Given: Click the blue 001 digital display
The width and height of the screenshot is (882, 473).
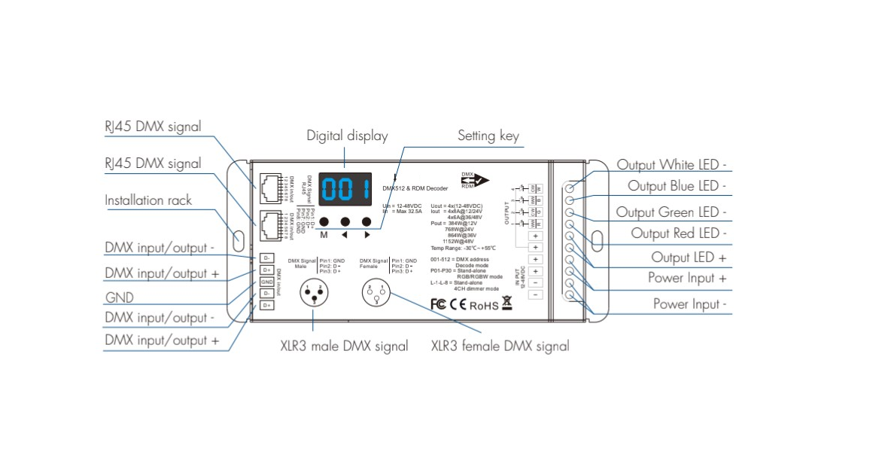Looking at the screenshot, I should [x=345, y=191].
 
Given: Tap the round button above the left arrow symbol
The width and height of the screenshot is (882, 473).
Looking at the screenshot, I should [x=345, y=221].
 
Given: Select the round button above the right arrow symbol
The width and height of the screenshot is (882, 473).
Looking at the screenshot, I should [x=367, y=221].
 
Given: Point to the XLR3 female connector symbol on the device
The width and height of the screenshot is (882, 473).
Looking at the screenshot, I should [x=376, y=291].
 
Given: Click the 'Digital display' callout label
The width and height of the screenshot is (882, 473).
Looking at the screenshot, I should [x=347, y=136].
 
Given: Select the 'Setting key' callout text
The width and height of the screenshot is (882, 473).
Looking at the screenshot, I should [x=488, y=136].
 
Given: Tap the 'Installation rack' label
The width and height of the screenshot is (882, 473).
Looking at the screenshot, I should [x=148, y=200].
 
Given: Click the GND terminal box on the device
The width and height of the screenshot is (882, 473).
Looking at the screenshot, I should [x=266, y=282].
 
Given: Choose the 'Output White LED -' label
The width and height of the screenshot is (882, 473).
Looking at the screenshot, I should [x=672, y=165].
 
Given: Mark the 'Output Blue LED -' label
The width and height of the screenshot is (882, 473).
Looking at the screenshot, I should [x=677, y=186].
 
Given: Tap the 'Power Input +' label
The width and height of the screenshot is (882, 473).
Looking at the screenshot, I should [x=687, y=279].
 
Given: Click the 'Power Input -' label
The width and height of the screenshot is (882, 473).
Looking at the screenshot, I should [x=689, y=304].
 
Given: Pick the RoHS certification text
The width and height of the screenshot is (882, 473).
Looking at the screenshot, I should [x=484, y=305].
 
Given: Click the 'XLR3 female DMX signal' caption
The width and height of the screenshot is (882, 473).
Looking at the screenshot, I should [x=500, y=346].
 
